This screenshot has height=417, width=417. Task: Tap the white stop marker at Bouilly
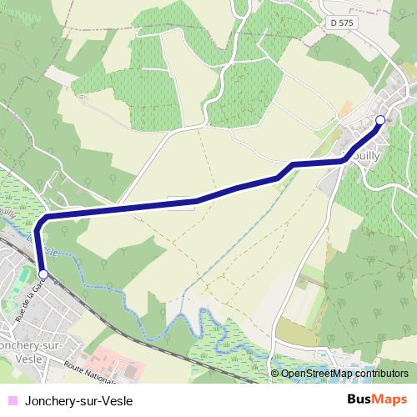pyautogui.click(x=380, y=120)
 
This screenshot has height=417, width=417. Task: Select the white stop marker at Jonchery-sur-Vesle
pyautogui.click(x=43, y=273)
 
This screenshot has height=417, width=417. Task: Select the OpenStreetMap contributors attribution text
pyautogui.click(x=344, y=374)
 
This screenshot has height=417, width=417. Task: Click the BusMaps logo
pyautogui.click(x=377, y=399)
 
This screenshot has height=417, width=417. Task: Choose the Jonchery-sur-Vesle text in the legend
pyautogui.click(x=79, y=399)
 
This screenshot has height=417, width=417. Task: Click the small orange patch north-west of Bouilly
pyautogui.click(x=344, y=108)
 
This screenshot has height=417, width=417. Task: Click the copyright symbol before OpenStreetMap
pyautogui.click(x=276, y=374)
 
